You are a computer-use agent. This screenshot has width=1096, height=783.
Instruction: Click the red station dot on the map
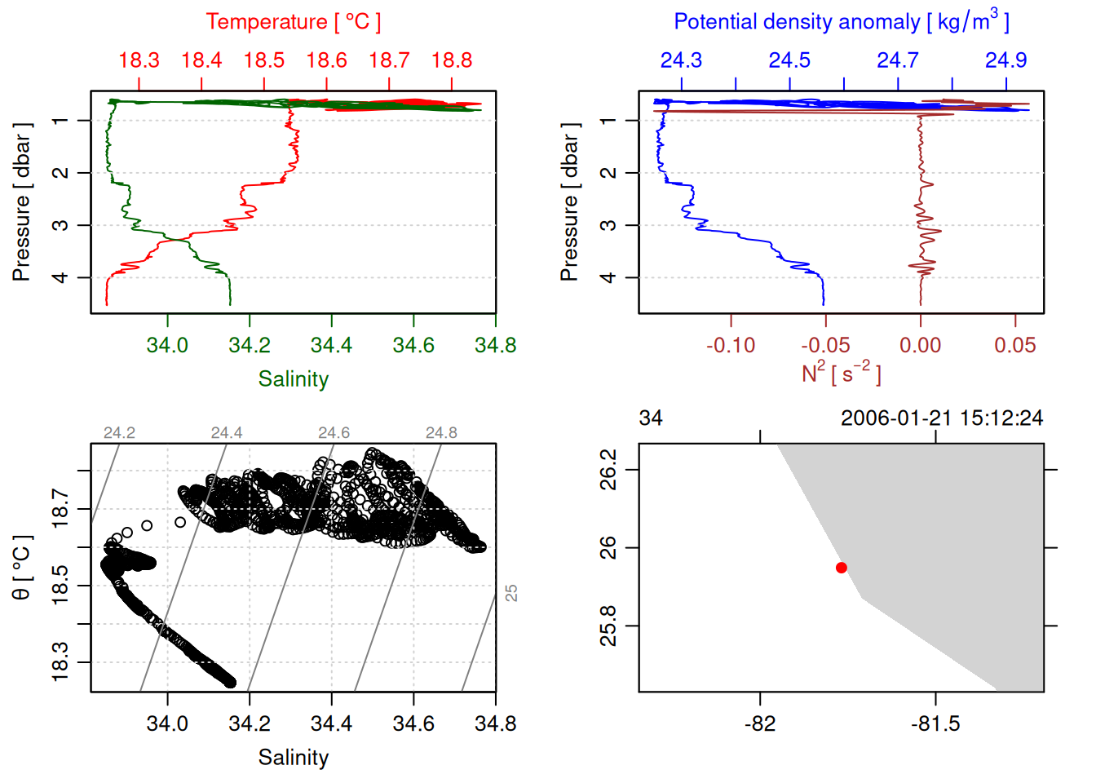(x=841, y=568)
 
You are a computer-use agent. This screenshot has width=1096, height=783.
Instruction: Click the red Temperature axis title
(x=293, y=22)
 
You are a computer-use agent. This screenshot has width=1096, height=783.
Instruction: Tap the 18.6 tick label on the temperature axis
(x=326, y=60)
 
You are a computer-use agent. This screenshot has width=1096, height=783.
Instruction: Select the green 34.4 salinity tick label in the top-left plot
(x=331, y=345)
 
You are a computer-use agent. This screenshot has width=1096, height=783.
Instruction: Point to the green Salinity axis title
(x=293, y=379)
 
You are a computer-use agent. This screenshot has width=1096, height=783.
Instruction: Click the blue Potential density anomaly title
(x=841, y=22)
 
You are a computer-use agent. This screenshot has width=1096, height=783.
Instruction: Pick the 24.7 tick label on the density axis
(x=897, y=60)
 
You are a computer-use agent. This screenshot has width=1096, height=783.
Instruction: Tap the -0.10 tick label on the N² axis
(x=731, y=345)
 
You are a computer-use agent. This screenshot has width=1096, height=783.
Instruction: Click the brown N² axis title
(x=841, y=374)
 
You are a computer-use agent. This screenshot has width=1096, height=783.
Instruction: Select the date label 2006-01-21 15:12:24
(x=941, y=418)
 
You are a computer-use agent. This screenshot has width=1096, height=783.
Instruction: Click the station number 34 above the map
(x=651, y=418)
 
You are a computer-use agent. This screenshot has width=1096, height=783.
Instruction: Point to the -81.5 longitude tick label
(x=935, y=723)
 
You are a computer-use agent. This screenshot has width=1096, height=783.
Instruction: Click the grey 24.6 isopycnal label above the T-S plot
(x=334, y=433)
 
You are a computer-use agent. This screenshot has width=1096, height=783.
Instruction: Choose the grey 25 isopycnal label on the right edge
(x=511, y=593)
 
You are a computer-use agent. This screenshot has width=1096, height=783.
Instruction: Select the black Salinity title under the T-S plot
(x=293, y=758)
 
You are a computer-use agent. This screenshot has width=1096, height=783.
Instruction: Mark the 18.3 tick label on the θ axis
(x=60, y=661)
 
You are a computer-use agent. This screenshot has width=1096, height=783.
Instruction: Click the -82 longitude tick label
(x=760, y=723)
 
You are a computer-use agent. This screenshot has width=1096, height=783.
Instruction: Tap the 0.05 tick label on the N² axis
(x=1014, y=345)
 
